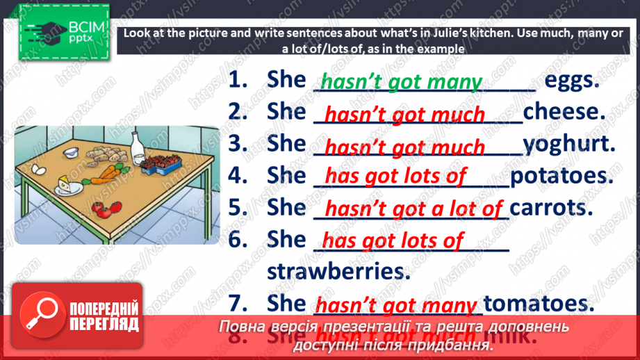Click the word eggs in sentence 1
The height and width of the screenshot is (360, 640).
click(571, 80)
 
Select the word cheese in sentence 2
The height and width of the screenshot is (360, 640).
click(564, 112)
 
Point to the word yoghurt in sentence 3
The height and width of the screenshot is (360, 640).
click(568, 144)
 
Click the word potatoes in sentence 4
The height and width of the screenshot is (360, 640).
click(561, 176)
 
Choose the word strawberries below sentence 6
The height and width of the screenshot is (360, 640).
click(338, 271)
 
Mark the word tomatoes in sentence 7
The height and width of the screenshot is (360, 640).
click(539, 304)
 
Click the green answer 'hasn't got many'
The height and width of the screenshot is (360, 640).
click(401, 82)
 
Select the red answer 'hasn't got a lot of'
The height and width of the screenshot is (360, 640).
click(414, 208)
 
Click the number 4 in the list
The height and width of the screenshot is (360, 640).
click(238, 176)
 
